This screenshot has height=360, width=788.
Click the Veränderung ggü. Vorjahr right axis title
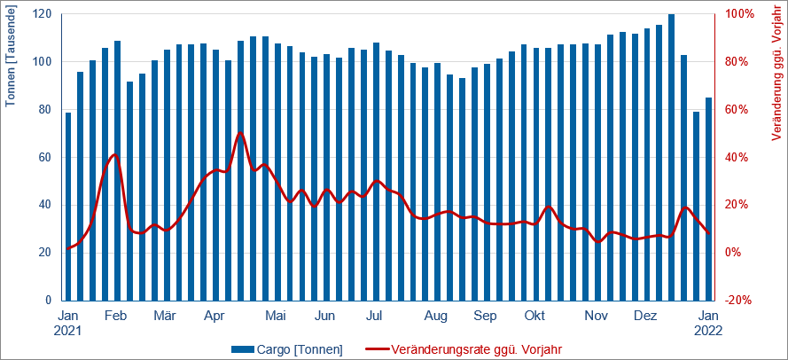(777, 77)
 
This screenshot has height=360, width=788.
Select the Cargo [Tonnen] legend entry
(287, 348)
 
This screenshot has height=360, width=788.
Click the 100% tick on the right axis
(739, 14)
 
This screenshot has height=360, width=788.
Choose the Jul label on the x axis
(374, 316)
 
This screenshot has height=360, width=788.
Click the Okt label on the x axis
(534, 316)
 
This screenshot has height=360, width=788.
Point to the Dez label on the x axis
(646, 316)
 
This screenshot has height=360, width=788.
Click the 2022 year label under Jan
(708, 331)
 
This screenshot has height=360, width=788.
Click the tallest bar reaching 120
(671, 157)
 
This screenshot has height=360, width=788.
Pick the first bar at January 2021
(68, 206)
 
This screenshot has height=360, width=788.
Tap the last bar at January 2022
(708, 199)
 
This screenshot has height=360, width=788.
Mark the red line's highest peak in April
(240, 133)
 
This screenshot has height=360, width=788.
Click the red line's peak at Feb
(114, 154)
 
